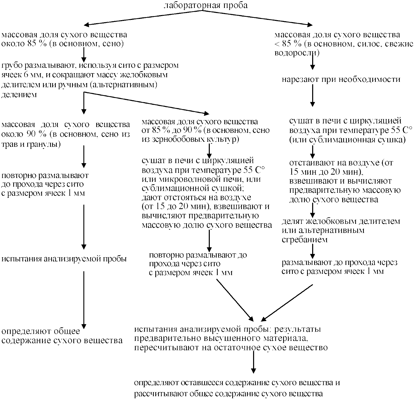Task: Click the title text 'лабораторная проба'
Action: [x=205, y=5]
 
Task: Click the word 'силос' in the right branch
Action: [x=369, y=44]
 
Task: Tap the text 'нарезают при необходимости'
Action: [x=341, y=79]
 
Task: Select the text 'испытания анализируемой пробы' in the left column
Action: [x=64, y=259]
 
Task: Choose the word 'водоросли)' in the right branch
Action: [x=297, y=53]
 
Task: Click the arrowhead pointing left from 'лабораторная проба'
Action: [x=87, y=25]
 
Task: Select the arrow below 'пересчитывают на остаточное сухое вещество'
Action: [x=253, y=362]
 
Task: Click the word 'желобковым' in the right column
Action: [x=325, y=221]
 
